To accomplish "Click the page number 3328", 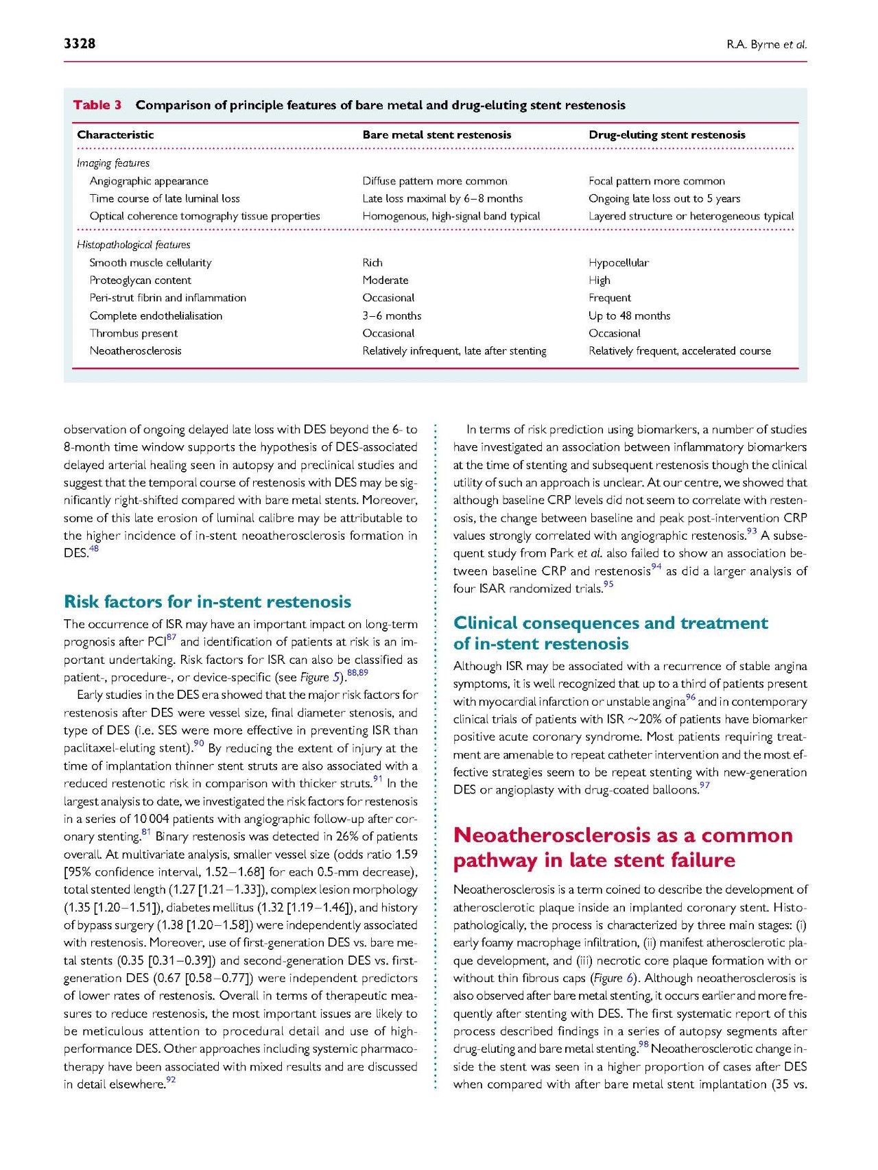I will (80, 44).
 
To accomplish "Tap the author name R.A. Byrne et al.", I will (766, 45).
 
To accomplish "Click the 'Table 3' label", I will (97, 105).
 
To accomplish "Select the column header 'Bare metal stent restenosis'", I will (436, 135).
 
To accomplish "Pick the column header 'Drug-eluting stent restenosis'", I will (666, 135).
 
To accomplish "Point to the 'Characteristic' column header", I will (115, 135).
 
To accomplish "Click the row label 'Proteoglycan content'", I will (140, 280).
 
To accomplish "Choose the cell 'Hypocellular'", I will (618, 263).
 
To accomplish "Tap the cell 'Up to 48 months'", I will (629, 316).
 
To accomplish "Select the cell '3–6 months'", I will (392, 316).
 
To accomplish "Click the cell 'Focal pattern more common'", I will (656, 181).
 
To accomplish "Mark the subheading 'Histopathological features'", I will (133, 245).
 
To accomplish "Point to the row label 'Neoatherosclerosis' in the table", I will (135, 351).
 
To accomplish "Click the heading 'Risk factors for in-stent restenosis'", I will (207, 601).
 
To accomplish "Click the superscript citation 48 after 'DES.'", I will (94, 549).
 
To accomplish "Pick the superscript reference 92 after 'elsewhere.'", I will (171, 1081).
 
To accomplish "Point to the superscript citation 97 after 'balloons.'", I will (704, 786).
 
